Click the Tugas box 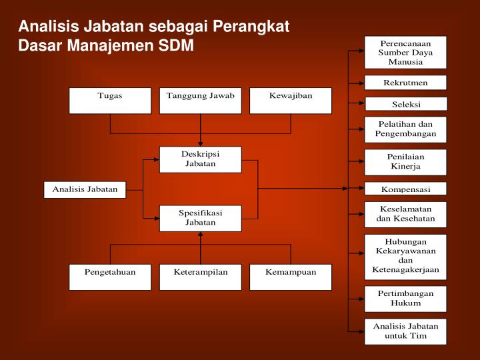click(x=110, y=100)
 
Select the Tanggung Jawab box click(x=201, y=100)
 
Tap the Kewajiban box click(x=291, y=100)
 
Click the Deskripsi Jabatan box click(x=201, y=159)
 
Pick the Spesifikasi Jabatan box click(x=201, y=217)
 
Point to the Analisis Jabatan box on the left click(x=85, y=189)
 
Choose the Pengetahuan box click(x=110, y=277)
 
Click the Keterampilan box click(x=201, y=277)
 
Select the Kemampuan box click(x=291, y=277)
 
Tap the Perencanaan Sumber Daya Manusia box click(x=405, y=52)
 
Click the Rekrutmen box click(x=405, y=83)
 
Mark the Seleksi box click(x=405, y=104)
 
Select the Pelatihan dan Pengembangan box click(x=405, y=129)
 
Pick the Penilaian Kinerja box click(x=405, y=161)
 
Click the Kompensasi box click(x=405, y=189)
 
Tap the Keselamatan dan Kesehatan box click(x=405, y=213)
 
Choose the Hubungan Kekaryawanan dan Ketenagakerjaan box click(x=405, y=255)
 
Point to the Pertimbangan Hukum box click(x=405, y=298)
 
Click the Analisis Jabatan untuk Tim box click(x=405, y=331)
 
